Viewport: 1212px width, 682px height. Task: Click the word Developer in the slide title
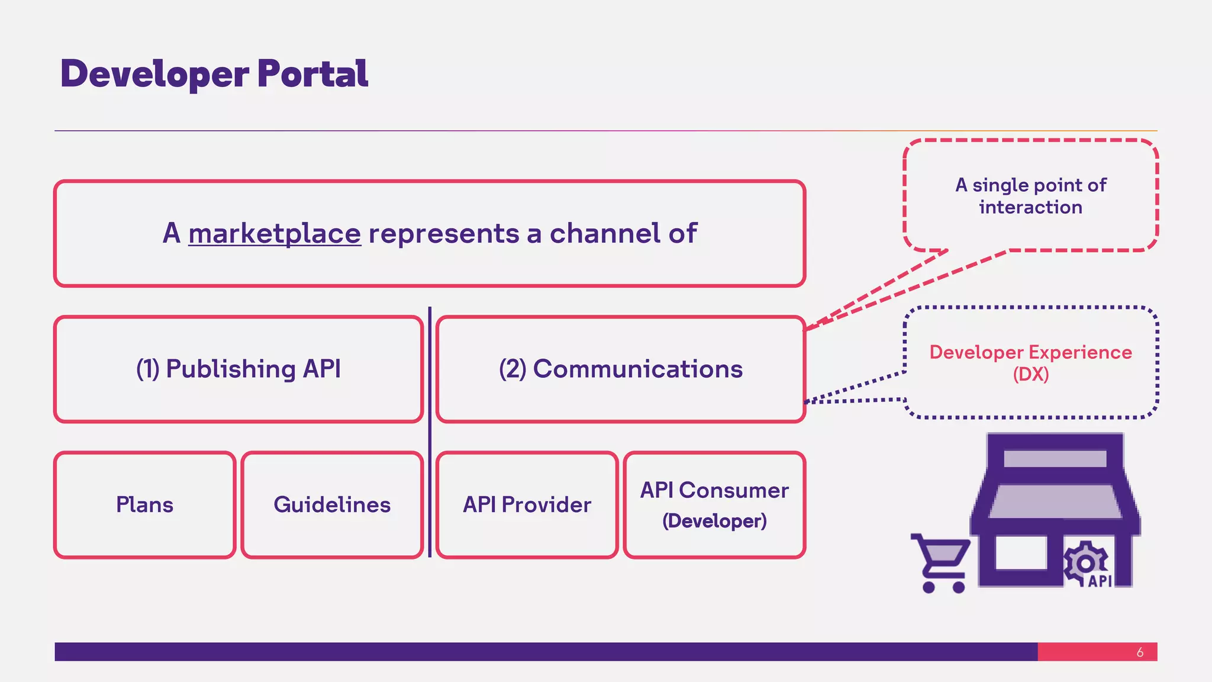coord(155,74)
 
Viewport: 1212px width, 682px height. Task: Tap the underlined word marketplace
coord(275,233)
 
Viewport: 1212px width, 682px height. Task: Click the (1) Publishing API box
coord(238,369)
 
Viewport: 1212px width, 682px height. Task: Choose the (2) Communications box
coord(620,369)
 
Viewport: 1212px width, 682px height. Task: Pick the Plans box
coord(145,504)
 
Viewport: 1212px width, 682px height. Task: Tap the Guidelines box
coord(332,504)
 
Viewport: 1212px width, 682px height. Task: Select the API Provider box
coord(527,504)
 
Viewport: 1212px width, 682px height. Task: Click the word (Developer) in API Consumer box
coord(714,521)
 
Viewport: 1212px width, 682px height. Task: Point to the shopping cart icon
coord(941,562)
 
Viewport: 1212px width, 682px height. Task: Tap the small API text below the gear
coord(1100,581)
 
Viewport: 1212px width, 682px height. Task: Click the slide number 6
coord(1140,652)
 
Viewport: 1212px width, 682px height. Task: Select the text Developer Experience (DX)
coord(1030,363)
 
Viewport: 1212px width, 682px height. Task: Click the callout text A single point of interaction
coord(1030,196)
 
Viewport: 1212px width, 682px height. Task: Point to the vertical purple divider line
coord(430,432)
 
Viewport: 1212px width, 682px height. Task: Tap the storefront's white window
coord(1021,553)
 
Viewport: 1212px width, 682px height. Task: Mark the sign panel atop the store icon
coord(1055,458)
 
